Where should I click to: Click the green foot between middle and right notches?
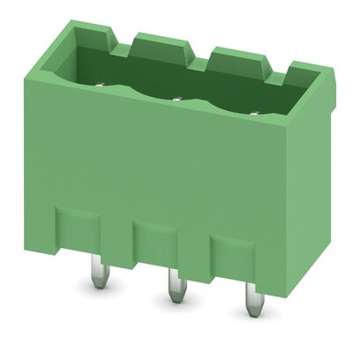[x=192, y=262]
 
